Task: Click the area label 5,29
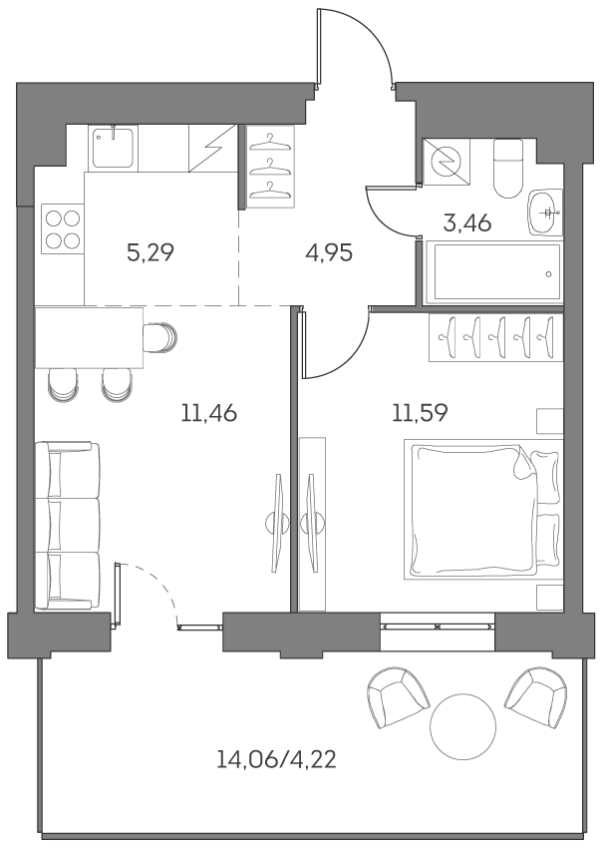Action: pyautogui.click(x=151, y=252)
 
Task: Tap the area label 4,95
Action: pyautogui.click(x=329, y=252)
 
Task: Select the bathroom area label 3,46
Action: pyautogui.click(x=466, y=222)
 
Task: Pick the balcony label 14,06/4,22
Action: pyautogui.click(x=276, y=760)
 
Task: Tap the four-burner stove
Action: pyautogui.click(x=61, y=228)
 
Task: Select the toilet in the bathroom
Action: pyautogui.click(x=508, y=166)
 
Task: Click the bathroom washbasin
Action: pyautogui.click(x=545, y=212)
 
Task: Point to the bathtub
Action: pyautogui.click(x=493, y=271)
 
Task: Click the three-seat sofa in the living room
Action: pyautogui.click(x=67, y=525)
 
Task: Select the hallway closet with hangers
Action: pyautogui.click(x=269, y=167)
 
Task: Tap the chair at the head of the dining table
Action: pyautogui.click(x=159, y=338)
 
